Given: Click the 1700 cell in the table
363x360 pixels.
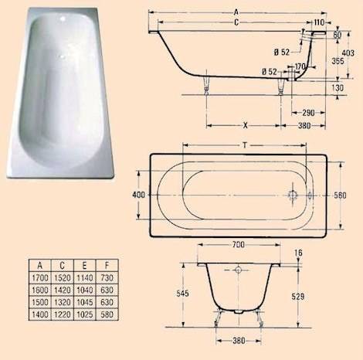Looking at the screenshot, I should click(x=36, y=277).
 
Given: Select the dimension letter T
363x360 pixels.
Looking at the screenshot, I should click(x=245, y=144).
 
